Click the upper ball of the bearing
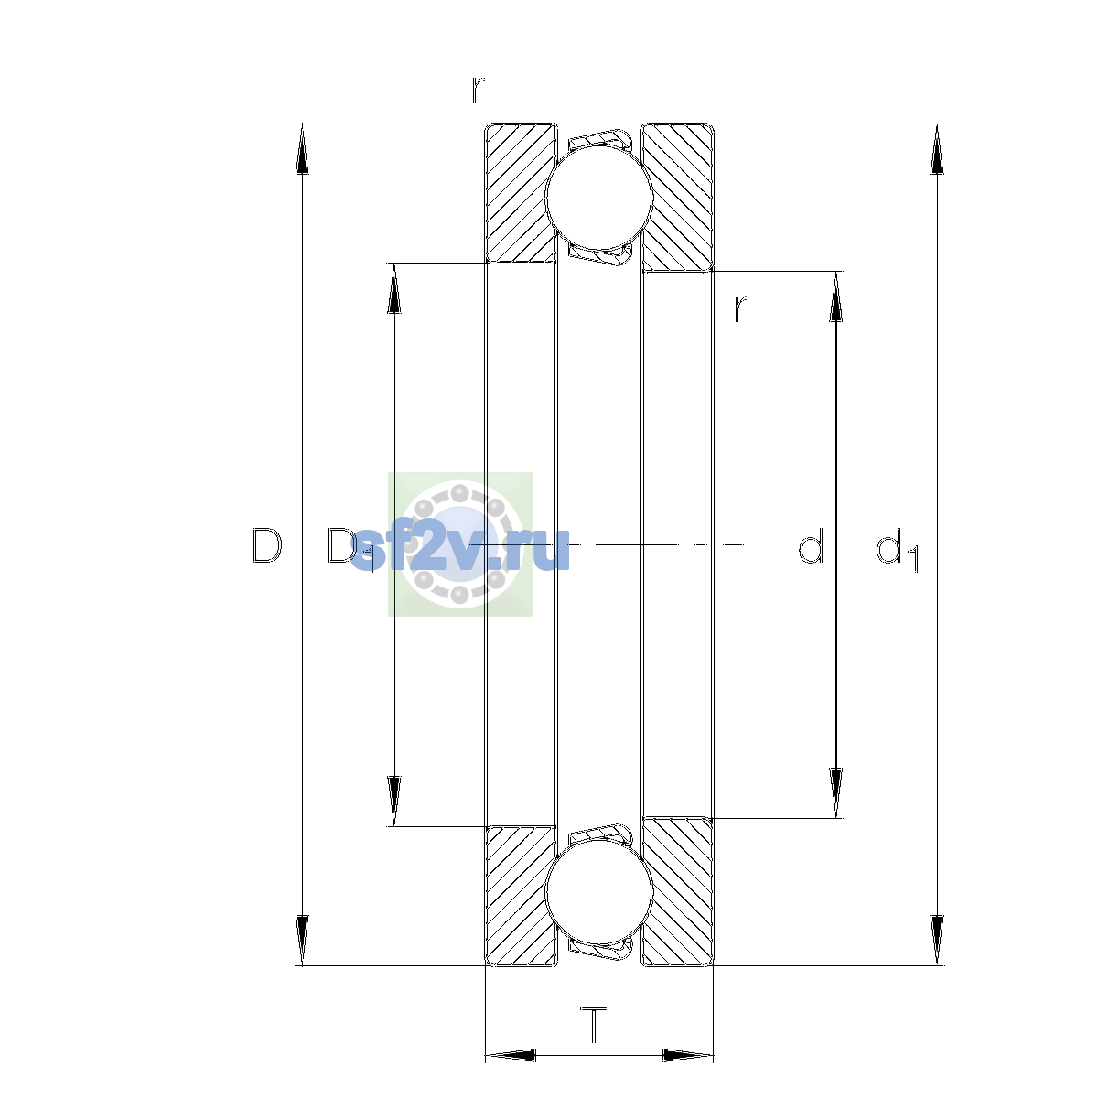tap(598, 197)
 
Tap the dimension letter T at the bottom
tap(595, 1025)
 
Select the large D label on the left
tap(267, 546)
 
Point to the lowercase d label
tap(811, 545)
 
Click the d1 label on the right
tap(898, 549)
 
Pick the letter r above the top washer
tap(478, 90)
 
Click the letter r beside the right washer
tap(741, 309)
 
